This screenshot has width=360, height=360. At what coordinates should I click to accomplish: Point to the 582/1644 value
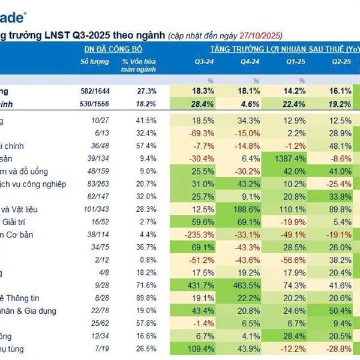pyautogui.click(x=95, y=91)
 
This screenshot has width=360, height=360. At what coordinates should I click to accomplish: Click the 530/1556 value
pyautogui.click(x=95, y=104)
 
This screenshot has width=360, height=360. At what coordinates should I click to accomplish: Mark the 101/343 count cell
pyautogui.click(x=95, y=209)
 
